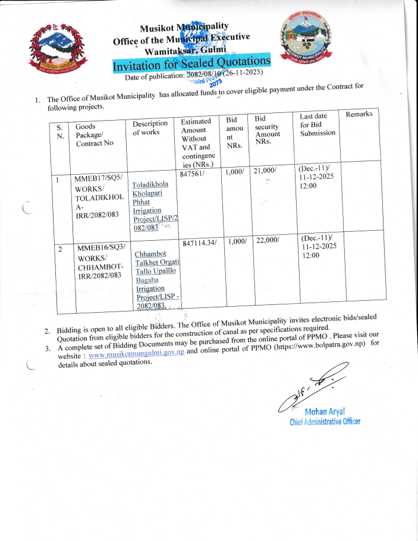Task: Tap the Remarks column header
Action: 359,114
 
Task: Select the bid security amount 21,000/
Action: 265,171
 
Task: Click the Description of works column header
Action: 150,128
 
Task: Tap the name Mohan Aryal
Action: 324,412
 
